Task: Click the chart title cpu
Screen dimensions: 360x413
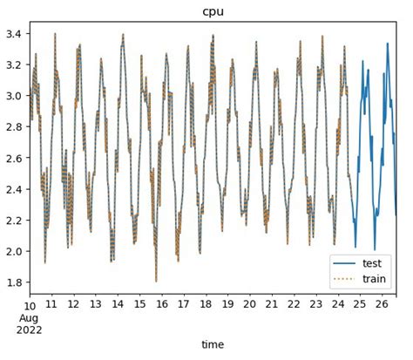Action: tap(213, 11)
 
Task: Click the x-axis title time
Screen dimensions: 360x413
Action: tap(213, 344)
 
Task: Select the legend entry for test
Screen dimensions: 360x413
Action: tap(372, 262)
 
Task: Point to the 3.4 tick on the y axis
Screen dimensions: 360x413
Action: tap(14, 34)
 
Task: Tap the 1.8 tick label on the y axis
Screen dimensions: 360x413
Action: tap(14, 282)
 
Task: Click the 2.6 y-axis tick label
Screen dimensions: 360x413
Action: tap(14, 159)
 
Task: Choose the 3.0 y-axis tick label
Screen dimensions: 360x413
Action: tap(14, 96)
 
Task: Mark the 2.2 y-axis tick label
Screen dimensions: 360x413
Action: tap(14, 221)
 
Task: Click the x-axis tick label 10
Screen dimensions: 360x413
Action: tap(30, 305)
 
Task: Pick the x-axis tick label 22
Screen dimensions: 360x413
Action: tap(294, 305)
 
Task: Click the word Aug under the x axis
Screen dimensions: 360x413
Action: tap(31, 316)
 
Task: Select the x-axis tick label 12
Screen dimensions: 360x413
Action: tap(74, 305)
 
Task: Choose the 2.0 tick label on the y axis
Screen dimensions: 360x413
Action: tap(14, 251)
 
